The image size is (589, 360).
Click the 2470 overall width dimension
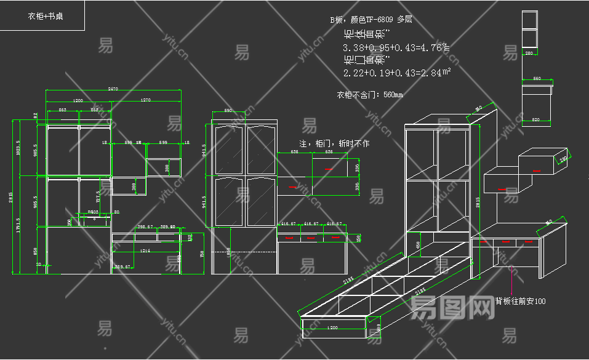click(113, 89)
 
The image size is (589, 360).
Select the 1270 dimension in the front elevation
click(145, 100)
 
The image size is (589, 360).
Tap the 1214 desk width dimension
click(145, 250)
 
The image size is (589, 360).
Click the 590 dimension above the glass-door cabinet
click(227, 110)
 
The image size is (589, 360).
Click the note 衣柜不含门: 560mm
click(369, 95)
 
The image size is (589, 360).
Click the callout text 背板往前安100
click(520, 302)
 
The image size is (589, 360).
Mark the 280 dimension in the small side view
click(529, 54)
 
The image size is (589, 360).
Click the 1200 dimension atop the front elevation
click(78, 100)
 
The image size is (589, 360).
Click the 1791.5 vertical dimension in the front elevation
click(18, 224)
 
